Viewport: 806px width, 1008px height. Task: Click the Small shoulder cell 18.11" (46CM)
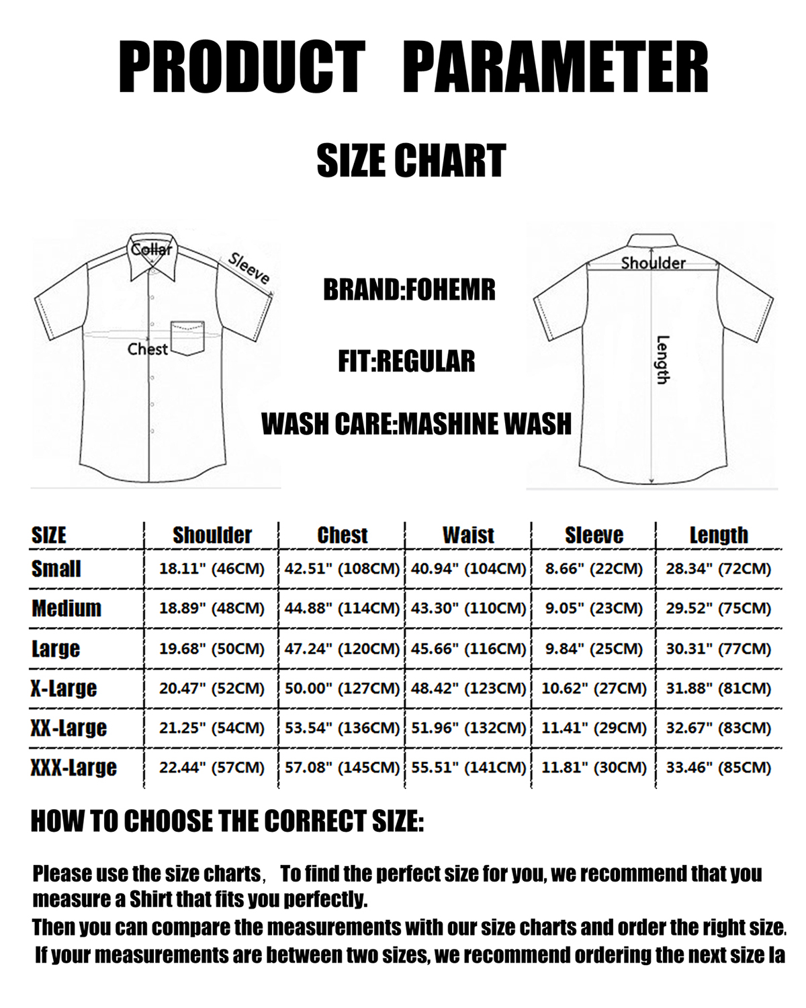point(212,569)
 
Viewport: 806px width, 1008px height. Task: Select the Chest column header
point(343,535)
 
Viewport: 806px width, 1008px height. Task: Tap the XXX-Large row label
point(74,767)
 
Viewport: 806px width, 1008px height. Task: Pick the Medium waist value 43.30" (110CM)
point(469,609)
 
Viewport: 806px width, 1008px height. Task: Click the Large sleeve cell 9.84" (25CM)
point(594,649)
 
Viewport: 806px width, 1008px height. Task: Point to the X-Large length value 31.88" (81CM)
point(718,689)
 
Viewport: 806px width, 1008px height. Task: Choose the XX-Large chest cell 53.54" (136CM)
point(343,728)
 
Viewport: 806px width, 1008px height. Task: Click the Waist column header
point(468,535)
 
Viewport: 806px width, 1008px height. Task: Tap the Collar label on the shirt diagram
point(151,249)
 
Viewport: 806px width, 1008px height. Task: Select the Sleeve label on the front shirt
point(249,268)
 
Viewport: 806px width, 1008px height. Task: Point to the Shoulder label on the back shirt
point(653,263)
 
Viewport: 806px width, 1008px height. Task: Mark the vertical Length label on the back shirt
point(662,360)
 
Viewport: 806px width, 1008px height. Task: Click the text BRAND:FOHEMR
point(409,290)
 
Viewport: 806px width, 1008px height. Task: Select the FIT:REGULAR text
point(406,362)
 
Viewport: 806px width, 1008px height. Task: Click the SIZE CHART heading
point(411,161)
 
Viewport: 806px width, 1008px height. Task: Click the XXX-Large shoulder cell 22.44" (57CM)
point(212,768)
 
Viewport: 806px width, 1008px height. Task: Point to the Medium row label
point(66,609)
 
